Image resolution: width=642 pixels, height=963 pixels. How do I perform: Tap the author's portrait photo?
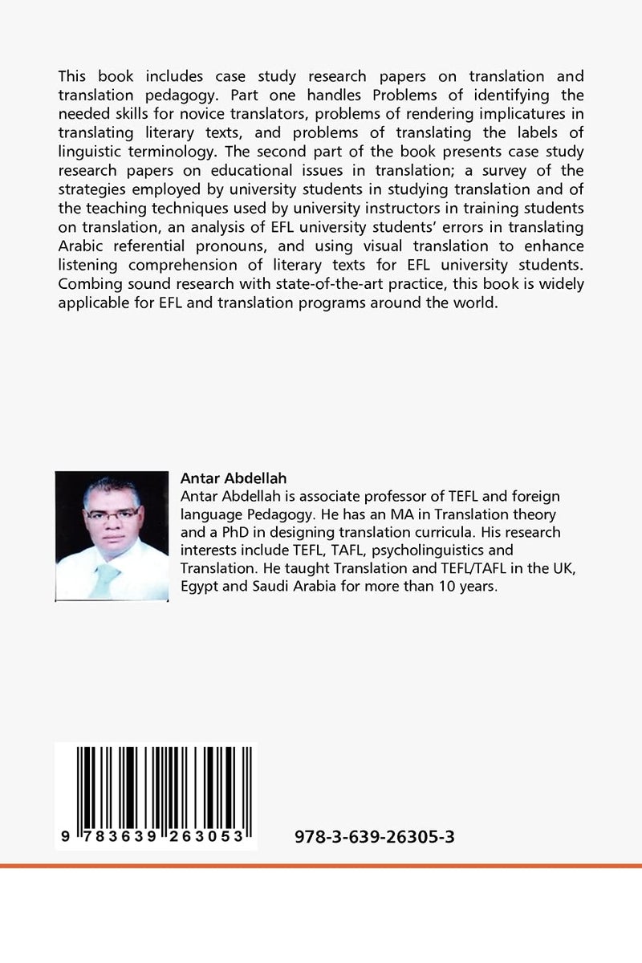112,535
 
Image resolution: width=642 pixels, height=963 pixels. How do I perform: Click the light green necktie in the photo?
106,579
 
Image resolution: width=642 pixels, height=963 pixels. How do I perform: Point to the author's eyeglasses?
111,514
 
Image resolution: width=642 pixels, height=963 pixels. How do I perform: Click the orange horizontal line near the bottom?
321,866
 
